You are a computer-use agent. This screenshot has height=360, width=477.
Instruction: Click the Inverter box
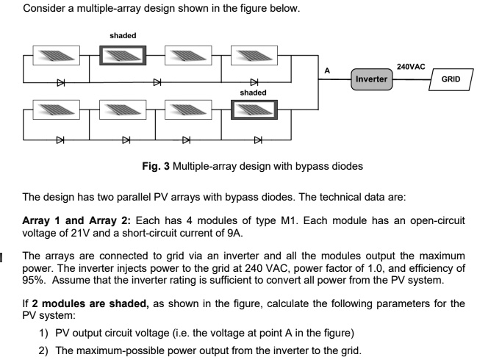point(371,78)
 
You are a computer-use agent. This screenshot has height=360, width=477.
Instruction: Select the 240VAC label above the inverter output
point(410,66)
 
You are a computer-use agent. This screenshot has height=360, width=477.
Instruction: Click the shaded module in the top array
point(123,55)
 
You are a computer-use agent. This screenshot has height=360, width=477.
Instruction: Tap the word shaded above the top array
point(122,35)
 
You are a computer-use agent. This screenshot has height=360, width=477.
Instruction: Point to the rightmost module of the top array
point(253,55)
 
